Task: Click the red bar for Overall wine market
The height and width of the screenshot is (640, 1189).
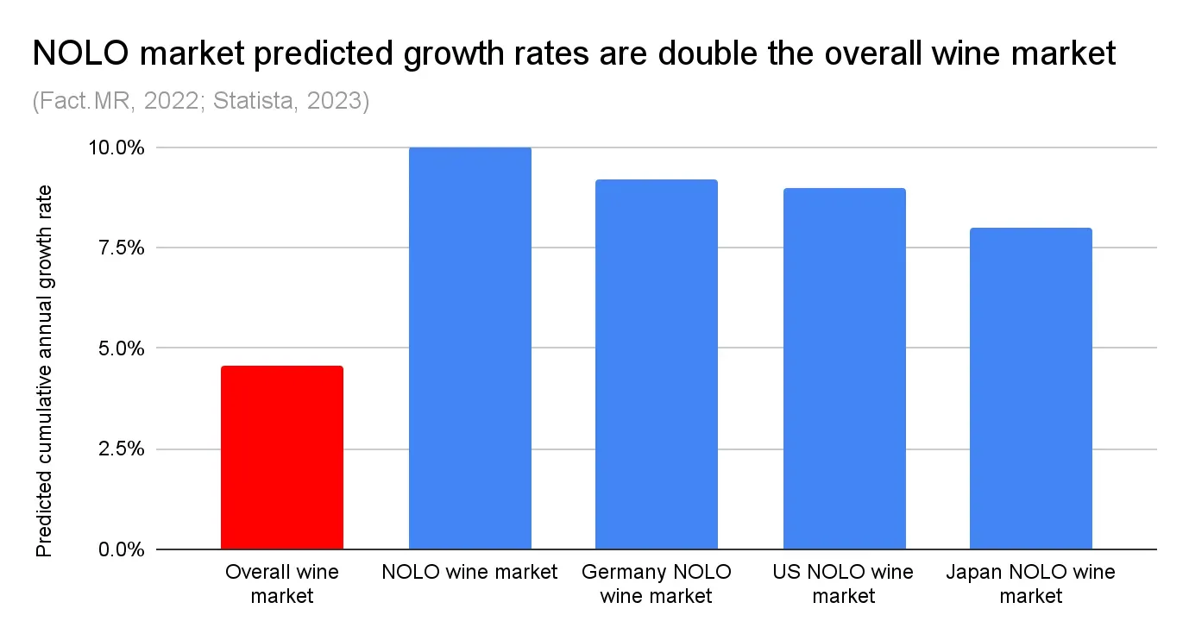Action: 282,457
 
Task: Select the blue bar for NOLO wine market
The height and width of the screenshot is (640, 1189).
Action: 469,348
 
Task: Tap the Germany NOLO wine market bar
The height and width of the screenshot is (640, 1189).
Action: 657,364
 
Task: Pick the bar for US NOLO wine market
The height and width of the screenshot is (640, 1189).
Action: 844,368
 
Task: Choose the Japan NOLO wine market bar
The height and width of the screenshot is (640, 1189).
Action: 1030,388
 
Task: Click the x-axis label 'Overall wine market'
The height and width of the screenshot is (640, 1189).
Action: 282,584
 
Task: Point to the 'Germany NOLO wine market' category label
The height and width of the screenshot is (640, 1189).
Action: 657,584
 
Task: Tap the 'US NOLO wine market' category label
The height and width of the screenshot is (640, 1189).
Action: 844,584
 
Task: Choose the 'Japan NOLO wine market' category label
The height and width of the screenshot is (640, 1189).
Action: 1030,584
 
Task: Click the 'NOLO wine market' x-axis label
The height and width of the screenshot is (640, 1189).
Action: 469,572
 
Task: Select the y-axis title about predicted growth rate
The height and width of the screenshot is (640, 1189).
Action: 44,371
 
